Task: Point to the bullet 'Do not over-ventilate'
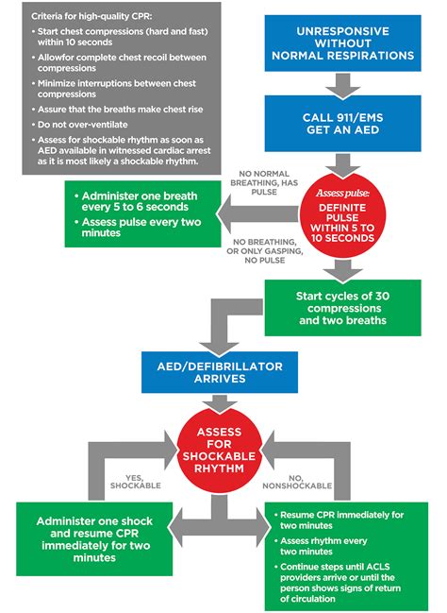click(83, 123)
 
